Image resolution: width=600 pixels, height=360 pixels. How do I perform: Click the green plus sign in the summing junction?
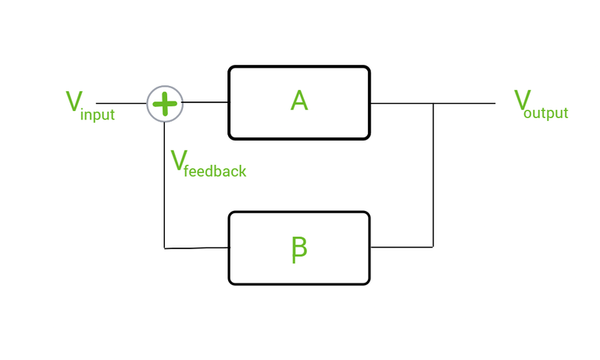point(165,103)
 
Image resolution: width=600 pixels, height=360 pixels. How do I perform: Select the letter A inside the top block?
point(298,101)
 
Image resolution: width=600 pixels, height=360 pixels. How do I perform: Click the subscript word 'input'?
point(97,116)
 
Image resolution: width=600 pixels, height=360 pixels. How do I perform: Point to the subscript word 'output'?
point(546,113)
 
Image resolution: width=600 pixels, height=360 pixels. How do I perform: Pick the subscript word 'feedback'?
point(215,171)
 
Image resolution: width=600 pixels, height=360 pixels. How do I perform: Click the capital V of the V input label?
point(74,101)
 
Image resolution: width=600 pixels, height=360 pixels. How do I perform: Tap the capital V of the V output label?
point(522,99)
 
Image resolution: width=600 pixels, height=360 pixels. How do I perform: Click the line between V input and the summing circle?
point(121,103)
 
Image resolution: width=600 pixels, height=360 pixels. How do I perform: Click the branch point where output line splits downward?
point(434,103)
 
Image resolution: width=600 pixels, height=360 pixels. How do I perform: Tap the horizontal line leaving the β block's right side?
point(402,247)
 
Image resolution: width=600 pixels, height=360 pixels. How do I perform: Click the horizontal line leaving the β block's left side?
point(197,248)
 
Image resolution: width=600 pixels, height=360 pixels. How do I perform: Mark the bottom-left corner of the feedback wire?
point(165,248)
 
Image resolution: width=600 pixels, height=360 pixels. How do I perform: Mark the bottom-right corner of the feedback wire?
point(434,247)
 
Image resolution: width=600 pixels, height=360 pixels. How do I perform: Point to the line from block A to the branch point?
point(402,103)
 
